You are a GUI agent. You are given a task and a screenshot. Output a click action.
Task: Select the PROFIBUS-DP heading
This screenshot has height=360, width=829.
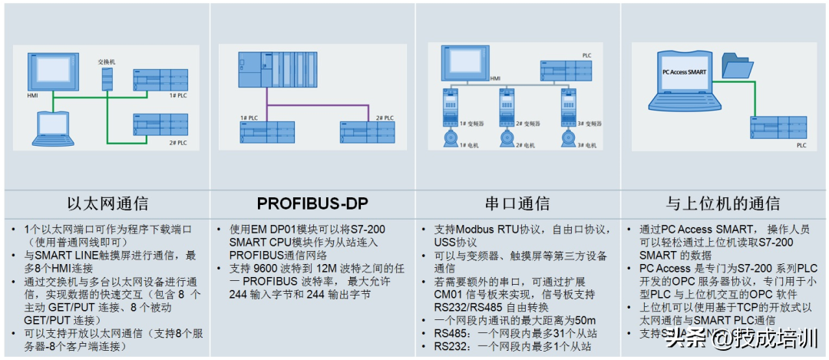[312, 203]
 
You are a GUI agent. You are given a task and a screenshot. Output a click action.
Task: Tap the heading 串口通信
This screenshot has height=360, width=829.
[517, 203]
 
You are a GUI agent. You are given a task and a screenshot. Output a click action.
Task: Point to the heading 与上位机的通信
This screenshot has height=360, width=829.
[724, 203]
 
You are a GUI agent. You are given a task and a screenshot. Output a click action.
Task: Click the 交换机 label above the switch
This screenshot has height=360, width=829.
[106, 61]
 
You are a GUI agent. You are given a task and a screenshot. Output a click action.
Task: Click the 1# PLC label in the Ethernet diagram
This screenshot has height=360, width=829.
[177, 95]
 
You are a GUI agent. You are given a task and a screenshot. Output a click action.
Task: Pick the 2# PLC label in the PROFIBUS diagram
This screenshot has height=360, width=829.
[385, 117]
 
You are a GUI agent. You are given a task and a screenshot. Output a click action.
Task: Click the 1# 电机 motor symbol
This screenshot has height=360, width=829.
[447, 138]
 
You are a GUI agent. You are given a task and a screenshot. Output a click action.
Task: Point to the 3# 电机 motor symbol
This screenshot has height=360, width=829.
[568, 138]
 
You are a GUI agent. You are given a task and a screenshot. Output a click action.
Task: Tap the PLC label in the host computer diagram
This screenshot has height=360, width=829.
[801, 144]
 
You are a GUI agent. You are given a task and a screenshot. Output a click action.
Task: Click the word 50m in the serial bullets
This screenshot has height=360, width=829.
[585, 320]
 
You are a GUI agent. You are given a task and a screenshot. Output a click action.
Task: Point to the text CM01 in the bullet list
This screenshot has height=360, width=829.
[451, 293]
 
